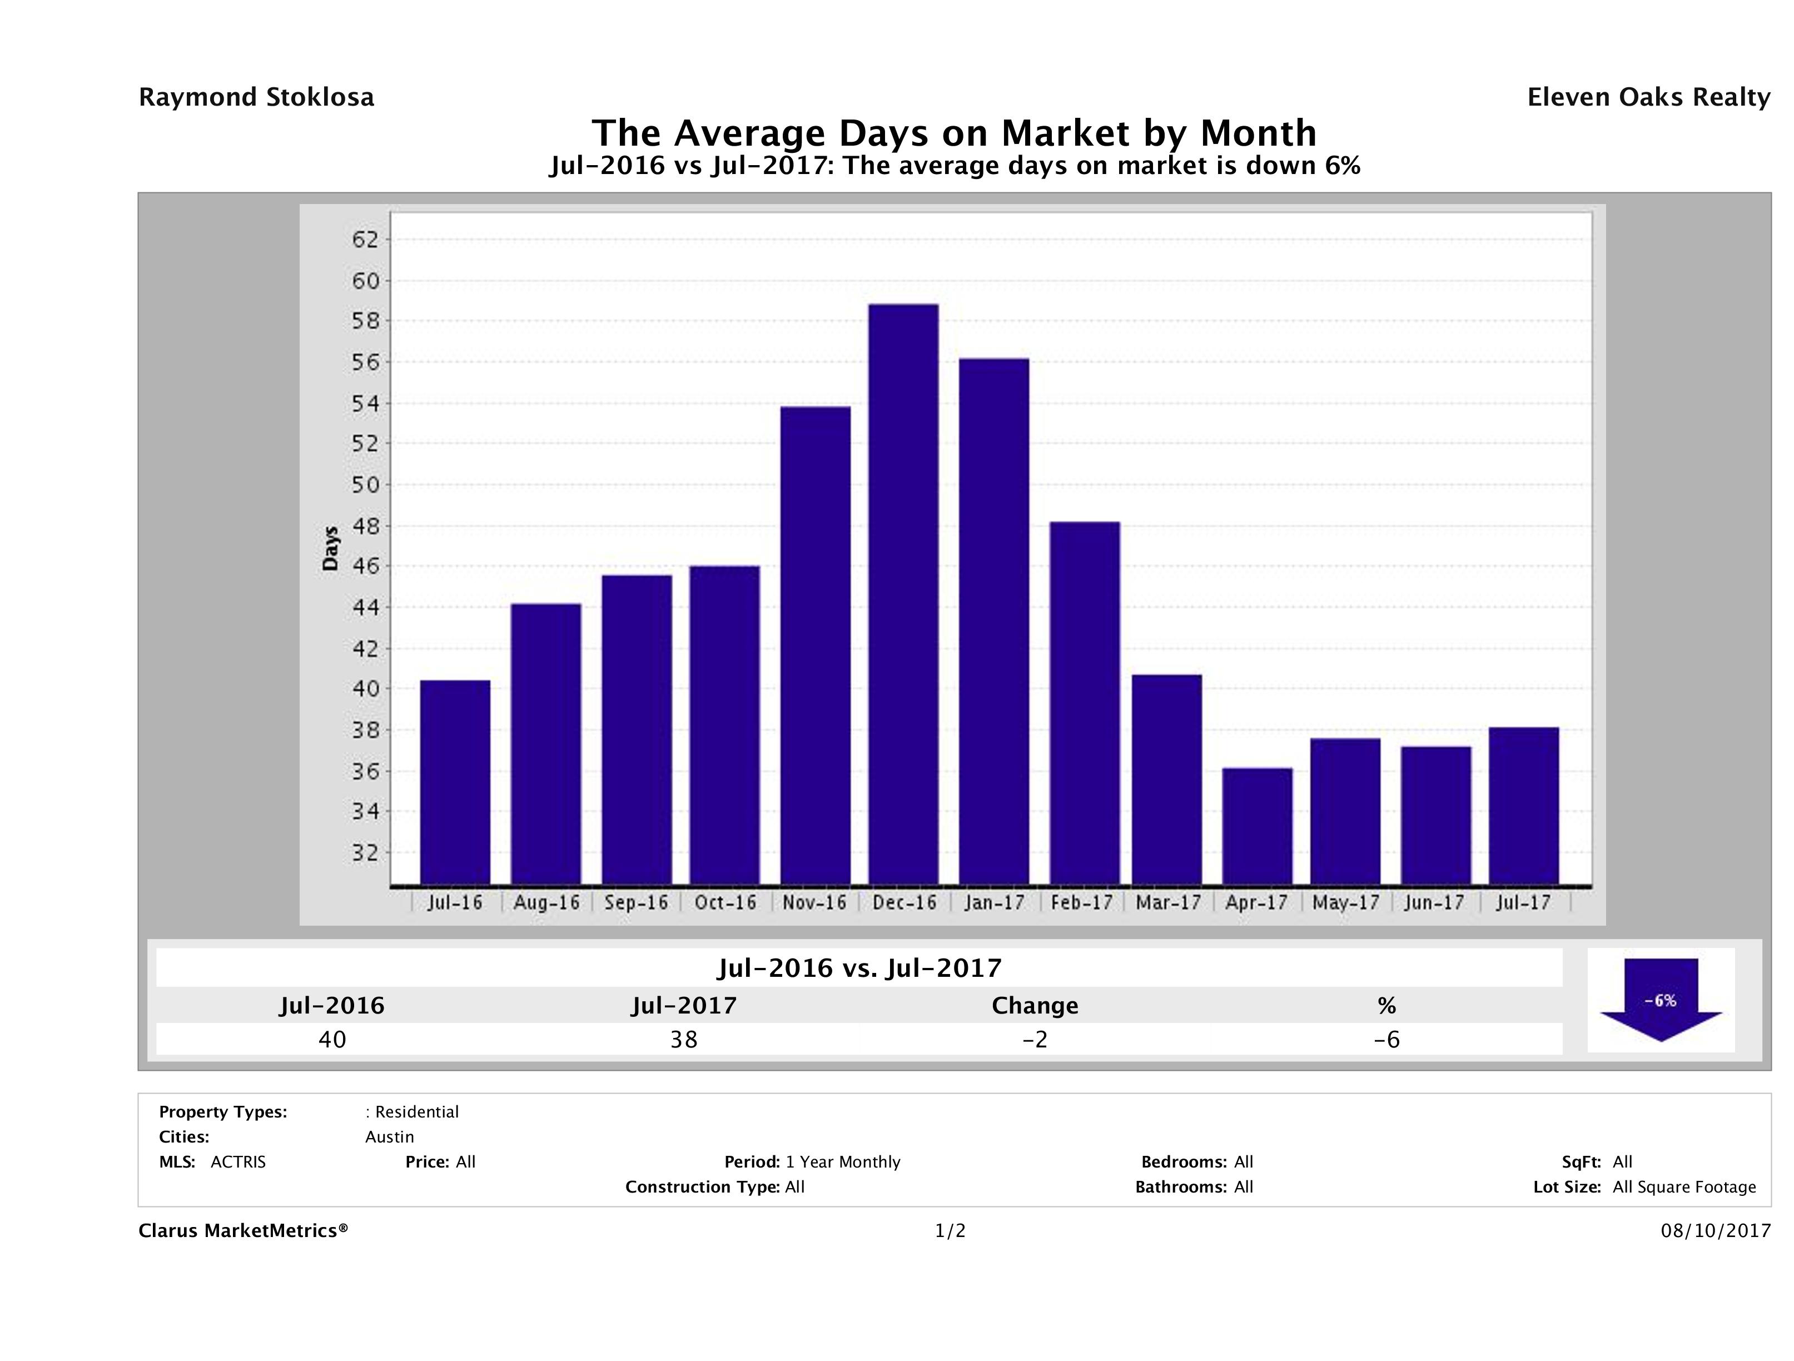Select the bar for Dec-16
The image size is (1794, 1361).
tap(903, 594)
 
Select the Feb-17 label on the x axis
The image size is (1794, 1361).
tap(1082, 903)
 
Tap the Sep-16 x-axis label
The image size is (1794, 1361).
tap(636, 903)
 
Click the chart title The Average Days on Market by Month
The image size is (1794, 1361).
tap(954, 133)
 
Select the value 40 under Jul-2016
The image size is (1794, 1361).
tap(332, 1039)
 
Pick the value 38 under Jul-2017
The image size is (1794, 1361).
tap(684, 1039)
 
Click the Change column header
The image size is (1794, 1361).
tap(1035, 1006)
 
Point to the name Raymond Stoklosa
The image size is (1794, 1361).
tap(256, 97)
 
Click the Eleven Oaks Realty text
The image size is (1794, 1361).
tap(1648, 97)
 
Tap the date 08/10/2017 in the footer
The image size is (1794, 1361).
tap(1715, 1231)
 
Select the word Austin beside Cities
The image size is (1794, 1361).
tap(389, 1137)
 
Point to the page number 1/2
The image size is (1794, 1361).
tap(950, 1231)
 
